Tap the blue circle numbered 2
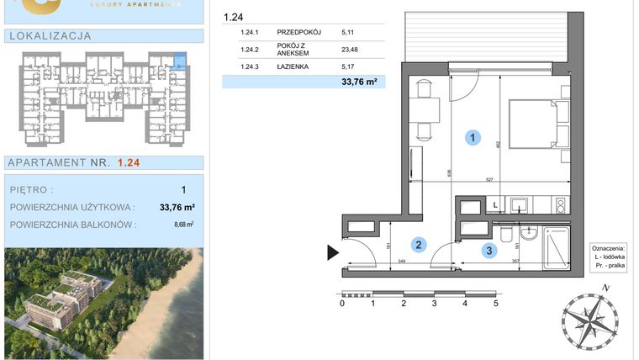[x=417, y=245]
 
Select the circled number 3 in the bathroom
[x=488, y=249]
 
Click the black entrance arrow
[x=333, y=251]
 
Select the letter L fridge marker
[x=495, y=204]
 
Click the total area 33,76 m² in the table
[x=358, y=82]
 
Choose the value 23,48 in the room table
[x=350, y=50]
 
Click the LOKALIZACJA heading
[x=50, y=36]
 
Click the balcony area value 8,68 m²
[x=183, y=225]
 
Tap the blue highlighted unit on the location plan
[x=179, y=60]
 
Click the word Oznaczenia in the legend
[x=608, y=249]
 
